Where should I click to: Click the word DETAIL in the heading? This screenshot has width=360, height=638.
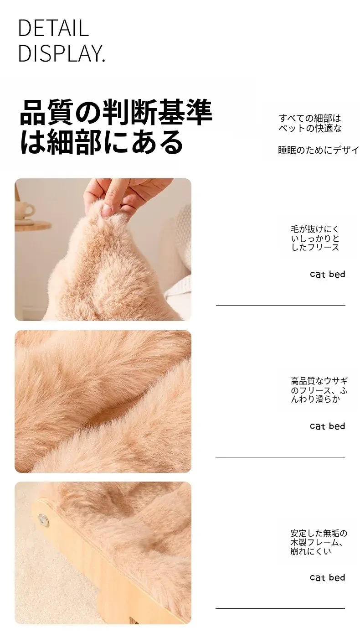53,28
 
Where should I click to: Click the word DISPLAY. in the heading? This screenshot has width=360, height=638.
62,53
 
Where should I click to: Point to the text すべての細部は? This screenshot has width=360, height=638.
310,118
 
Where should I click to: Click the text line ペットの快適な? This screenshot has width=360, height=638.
310,128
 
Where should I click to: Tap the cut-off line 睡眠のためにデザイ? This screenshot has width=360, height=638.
319,150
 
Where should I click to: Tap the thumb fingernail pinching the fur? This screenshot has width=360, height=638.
107,210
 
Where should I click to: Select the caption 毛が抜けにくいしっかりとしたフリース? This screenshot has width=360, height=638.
315,238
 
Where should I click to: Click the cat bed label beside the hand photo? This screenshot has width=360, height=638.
327,274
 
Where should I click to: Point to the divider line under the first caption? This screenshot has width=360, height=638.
281,306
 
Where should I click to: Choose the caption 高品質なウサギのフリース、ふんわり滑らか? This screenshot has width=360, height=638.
319,390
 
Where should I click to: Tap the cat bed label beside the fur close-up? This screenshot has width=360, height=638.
327,426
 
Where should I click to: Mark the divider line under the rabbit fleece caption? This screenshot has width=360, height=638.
280,457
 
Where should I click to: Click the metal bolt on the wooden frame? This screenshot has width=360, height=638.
43,519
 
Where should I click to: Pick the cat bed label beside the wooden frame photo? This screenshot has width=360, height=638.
327,577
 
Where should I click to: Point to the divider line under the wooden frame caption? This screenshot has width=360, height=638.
280,609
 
